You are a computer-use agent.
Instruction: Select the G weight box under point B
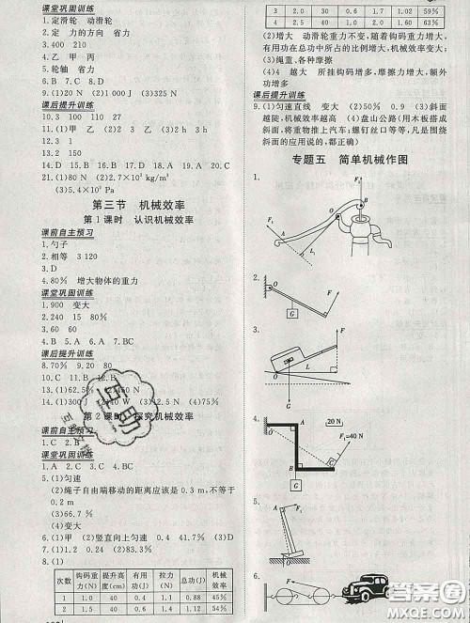tap(295, 487)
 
